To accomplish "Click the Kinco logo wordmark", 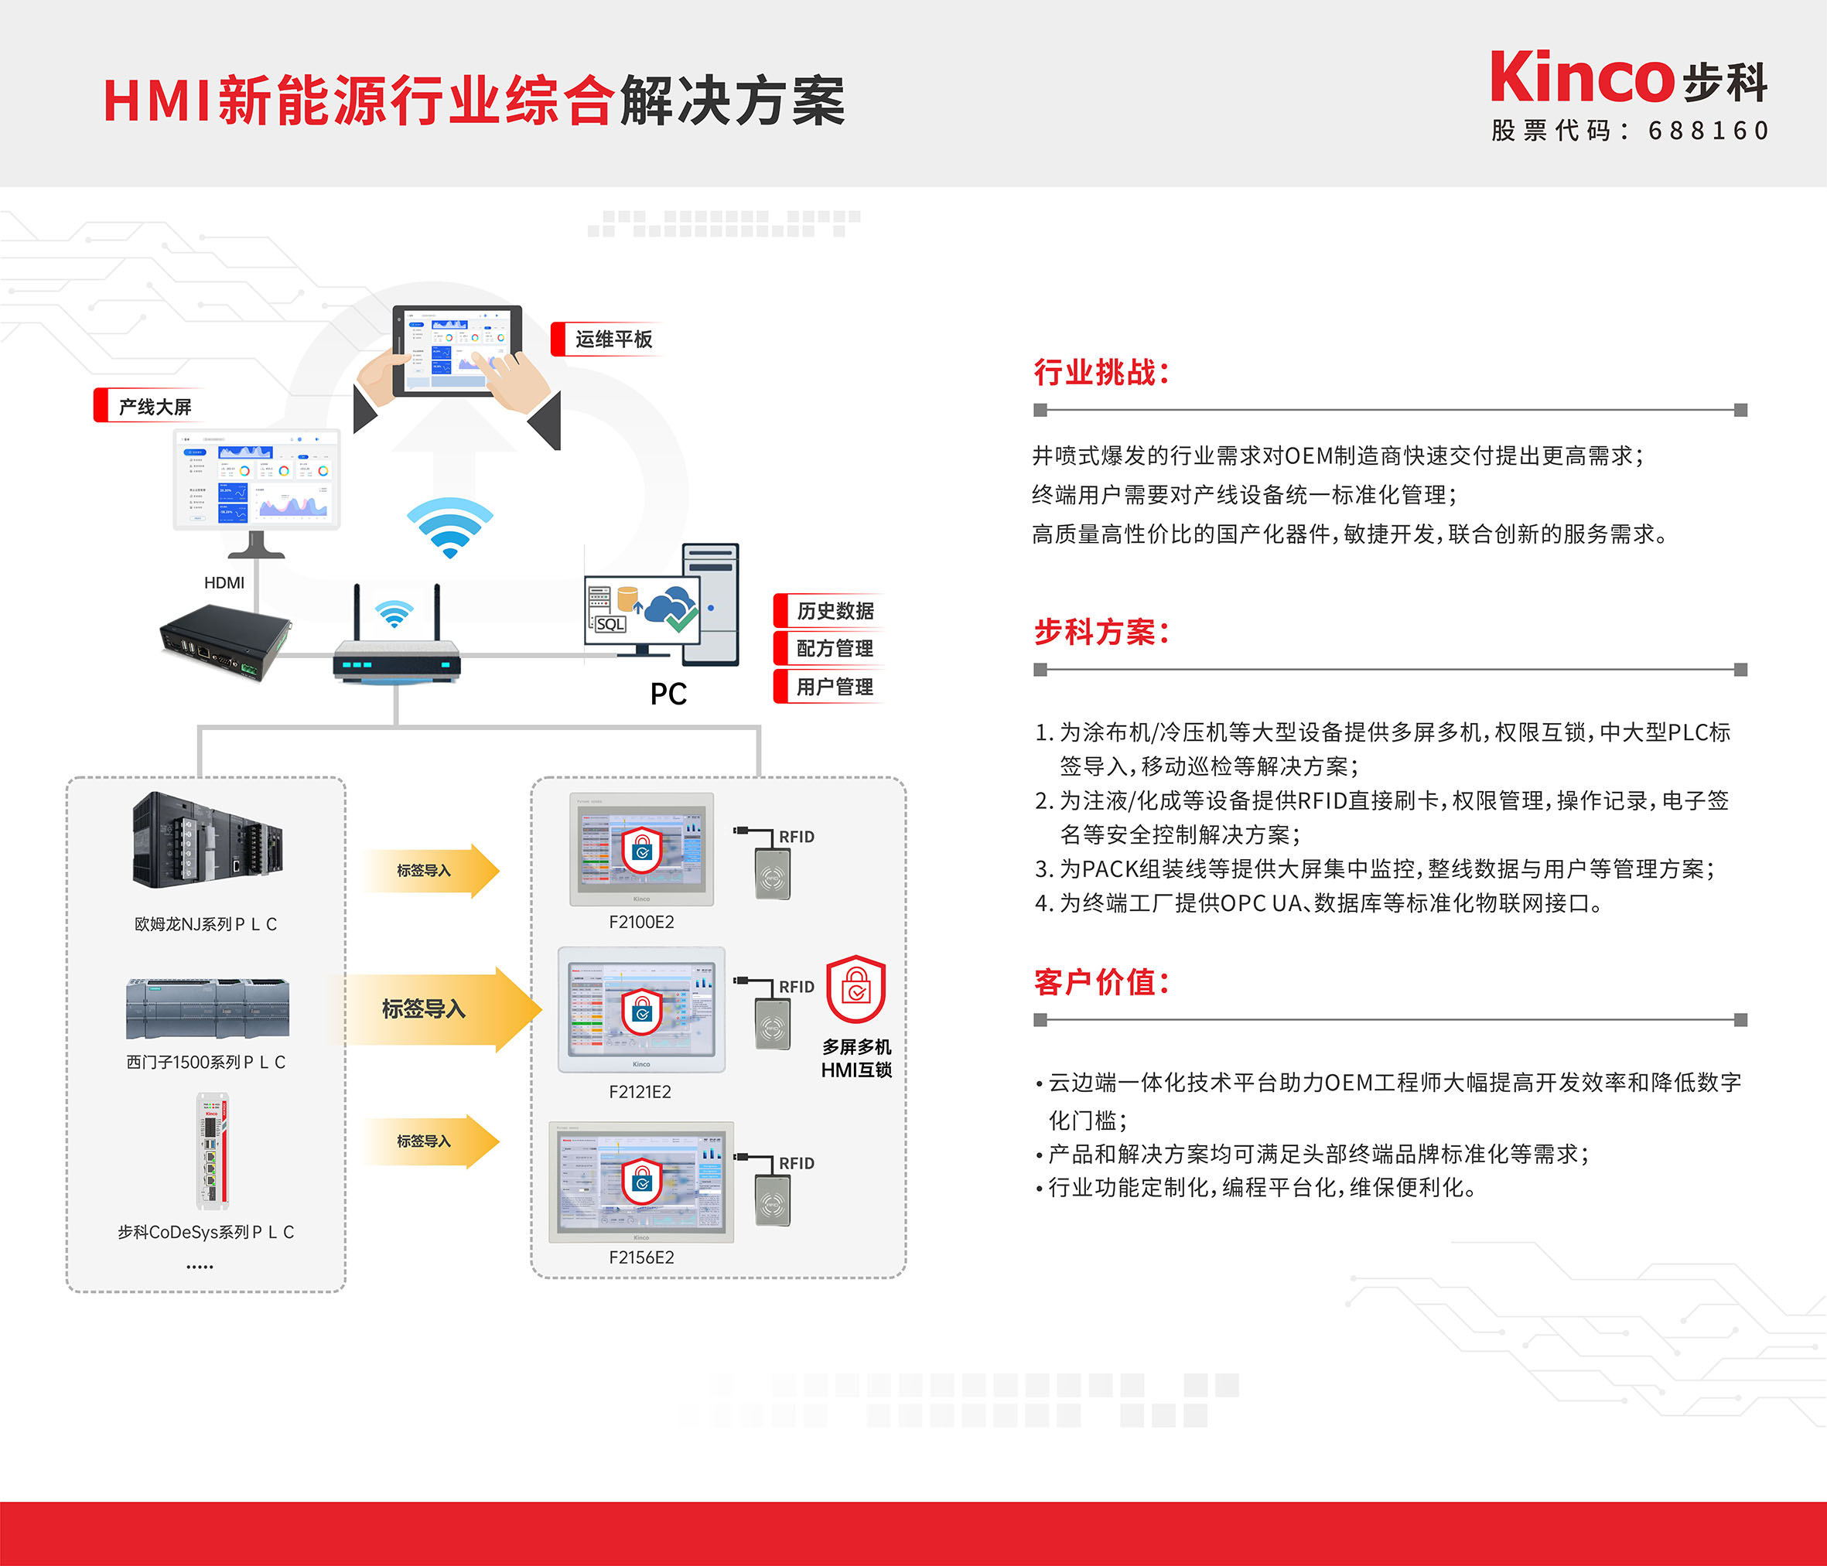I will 1582,77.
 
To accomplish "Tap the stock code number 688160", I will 1708,131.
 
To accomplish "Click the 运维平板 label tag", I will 612,339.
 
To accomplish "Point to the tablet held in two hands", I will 456,353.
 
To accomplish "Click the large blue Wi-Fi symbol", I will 449,527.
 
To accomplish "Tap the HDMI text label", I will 224,583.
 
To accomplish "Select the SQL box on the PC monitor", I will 610,624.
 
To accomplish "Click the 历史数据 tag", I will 833,611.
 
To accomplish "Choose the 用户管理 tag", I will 833,687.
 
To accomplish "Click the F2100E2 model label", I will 641,923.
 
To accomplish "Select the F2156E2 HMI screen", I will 641,1181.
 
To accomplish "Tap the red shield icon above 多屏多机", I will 855,989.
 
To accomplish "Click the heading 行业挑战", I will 1101,372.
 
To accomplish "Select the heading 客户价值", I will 1101,982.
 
